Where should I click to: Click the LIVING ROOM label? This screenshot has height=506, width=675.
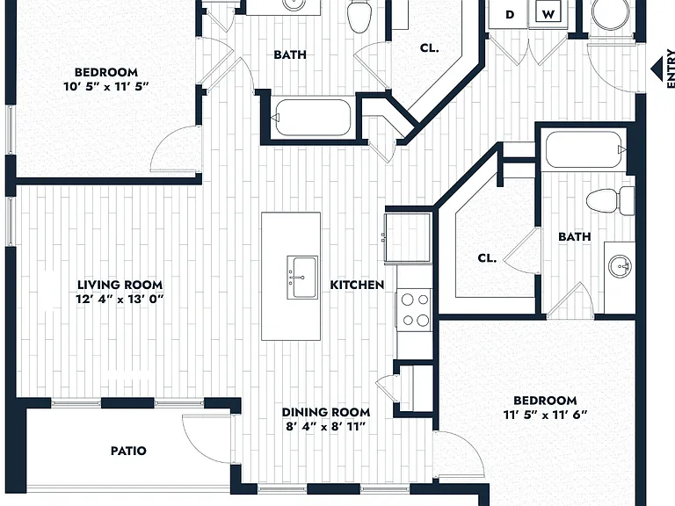click(120, 285)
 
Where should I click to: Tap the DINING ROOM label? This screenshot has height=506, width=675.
click(326, 412)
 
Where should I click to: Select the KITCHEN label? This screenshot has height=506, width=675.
click(357, 285)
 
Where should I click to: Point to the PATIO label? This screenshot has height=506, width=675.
click(128, 451)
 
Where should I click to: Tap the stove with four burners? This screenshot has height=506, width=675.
click(415, 310)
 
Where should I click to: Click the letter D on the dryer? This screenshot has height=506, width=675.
click(510, 15)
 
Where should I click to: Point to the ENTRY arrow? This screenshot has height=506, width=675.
click(657, 69)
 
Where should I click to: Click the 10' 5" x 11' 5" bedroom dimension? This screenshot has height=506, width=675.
click(105, 86)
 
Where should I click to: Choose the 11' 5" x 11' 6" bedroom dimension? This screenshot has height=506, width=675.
click(546, 416)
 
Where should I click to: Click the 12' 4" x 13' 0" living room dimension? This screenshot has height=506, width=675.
click(120, 299)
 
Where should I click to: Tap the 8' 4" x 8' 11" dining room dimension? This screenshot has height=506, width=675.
click(326, 427)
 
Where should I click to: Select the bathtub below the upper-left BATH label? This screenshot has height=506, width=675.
click(313, 118)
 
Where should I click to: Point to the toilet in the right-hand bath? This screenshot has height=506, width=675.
click(610, 200)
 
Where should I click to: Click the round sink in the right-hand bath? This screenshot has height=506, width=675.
click(620, 266)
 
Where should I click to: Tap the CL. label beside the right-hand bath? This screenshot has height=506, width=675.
click(487, 258)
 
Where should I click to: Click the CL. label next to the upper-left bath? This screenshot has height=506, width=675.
click(429, 47)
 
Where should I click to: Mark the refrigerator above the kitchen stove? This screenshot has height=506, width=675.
click(408, 237)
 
